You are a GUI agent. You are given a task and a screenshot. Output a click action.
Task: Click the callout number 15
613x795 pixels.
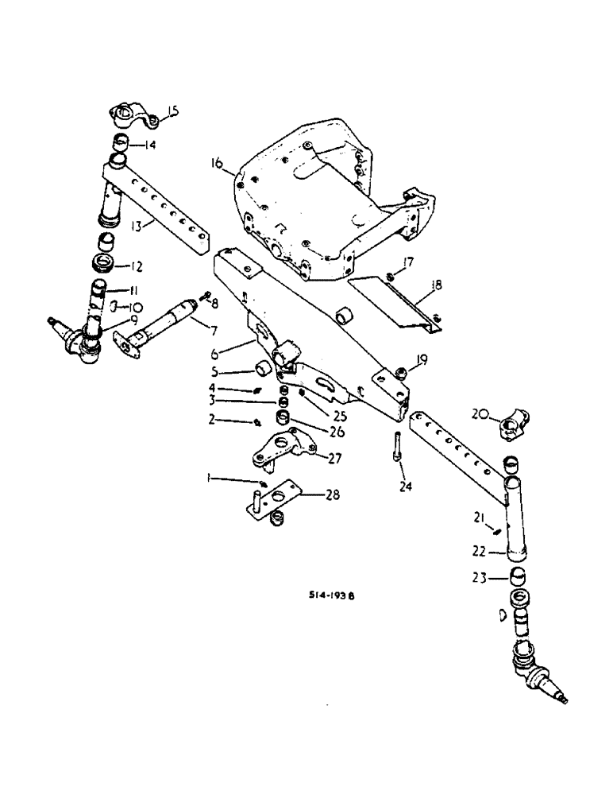click(x=173, y=113)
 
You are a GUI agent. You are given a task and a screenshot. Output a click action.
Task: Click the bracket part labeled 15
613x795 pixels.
click(x=132, y=118)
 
